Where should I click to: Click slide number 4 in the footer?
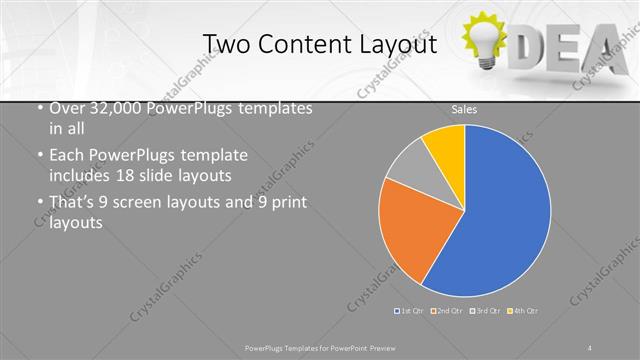click(x=590, y=347)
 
